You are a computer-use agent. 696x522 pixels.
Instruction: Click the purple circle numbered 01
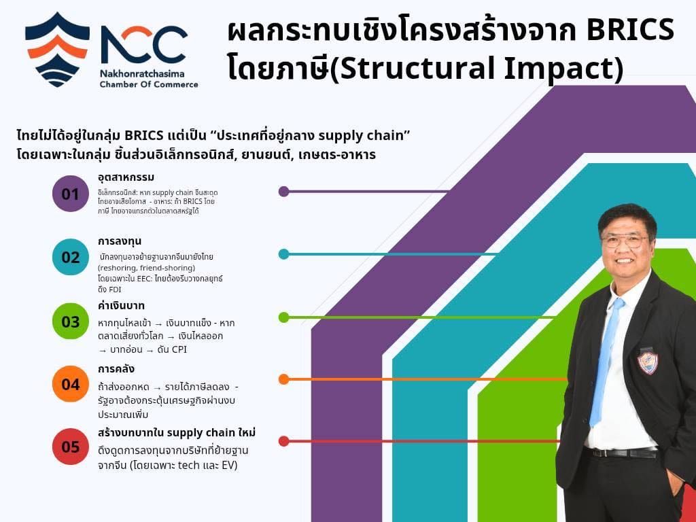click(x=71, y=194)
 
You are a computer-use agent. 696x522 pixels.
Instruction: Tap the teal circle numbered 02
click(x=71, y=257)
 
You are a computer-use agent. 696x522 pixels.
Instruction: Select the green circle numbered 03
click(x=71, y=321)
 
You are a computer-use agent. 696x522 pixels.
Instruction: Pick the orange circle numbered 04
click(x=71, y=384)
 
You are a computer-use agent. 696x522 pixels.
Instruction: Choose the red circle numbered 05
click(x=71, y=447)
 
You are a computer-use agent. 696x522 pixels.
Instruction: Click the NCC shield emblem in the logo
click(x=57, y=48)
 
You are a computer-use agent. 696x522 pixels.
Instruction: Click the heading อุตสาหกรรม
click(x=126, y=178)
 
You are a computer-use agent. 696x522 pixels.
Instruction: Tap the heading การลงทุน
click(x=120, y=241)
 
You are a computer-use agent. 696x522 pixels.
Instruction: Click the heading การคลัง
click(x=116, y=369)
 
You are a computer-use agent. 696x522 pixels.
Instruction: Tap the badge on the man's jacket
click(x=647, y=361)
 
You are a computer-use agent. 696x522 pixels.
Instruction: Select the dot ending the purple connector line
click(x=283, y=192)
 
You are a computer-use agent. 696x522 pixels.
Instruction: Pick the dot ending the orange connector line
click(x=283, y=379)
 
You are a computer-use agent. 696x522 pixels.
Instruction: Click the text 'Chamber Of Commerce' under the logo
click(x=149, y=84)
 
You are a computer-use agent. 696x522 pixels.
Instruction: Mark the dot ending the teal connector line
click(x=283, y=254)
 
